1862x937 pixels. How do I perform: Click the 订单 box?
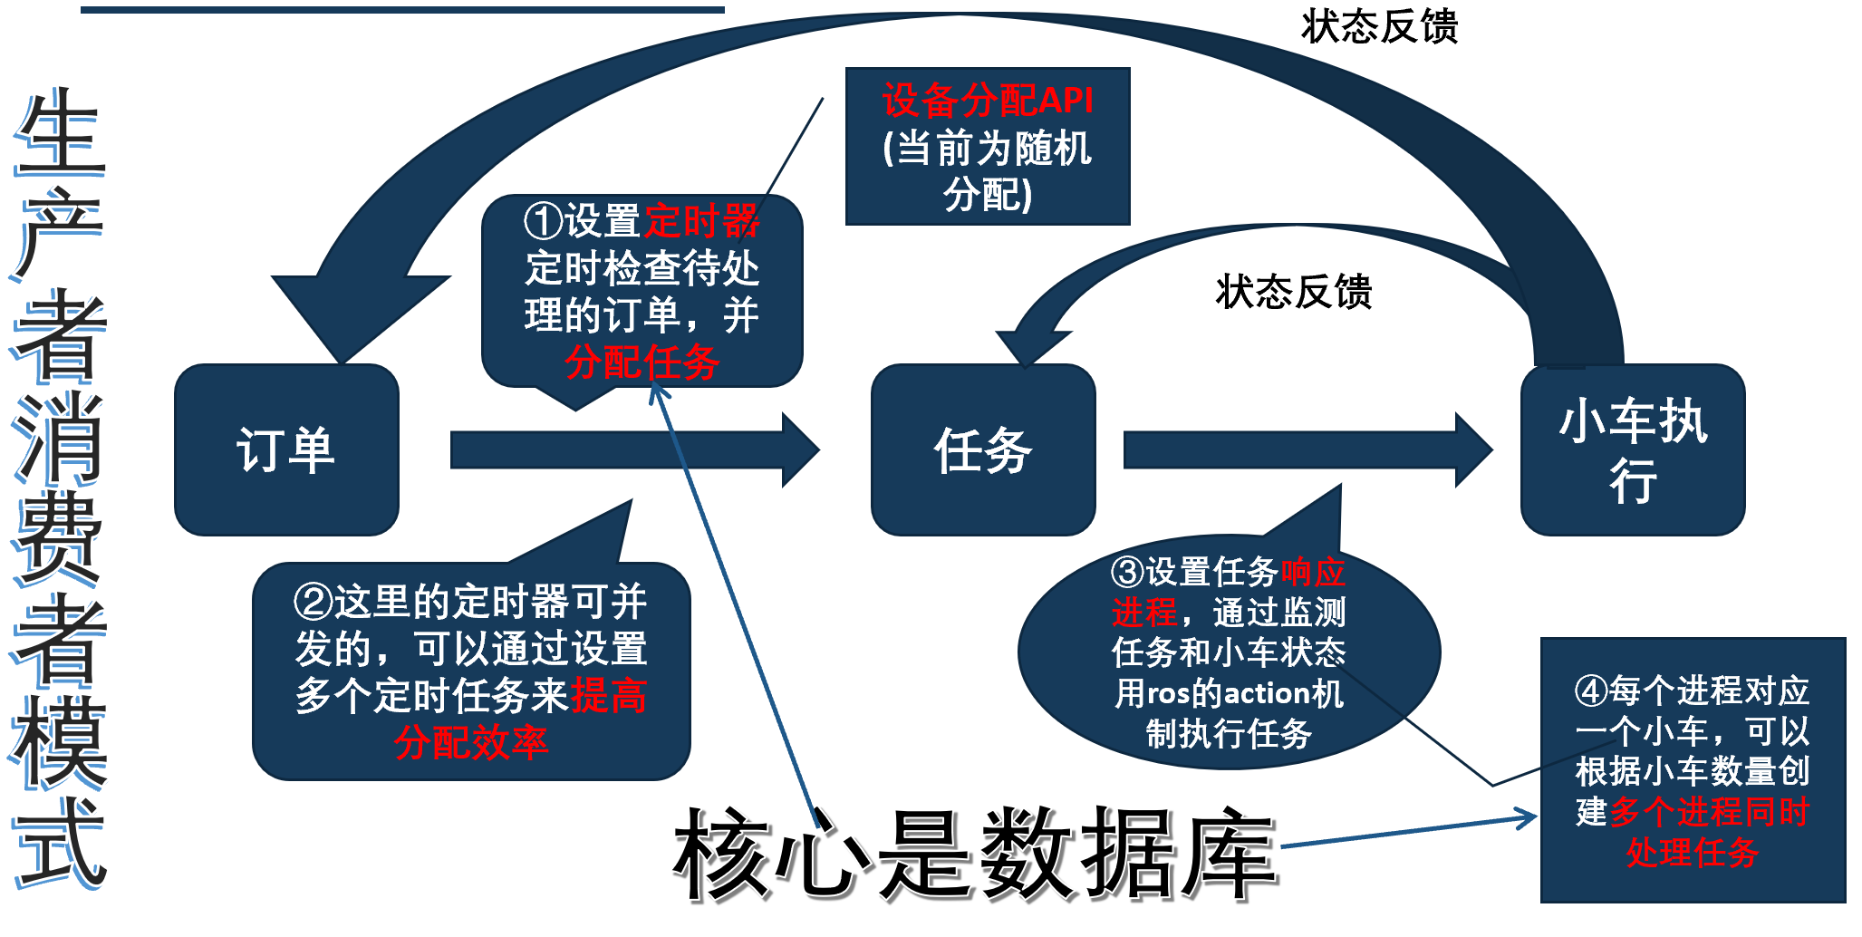pyautogui.click(x=286, y=449)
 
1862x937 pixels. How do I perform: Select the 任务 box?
pyautogui.click(x=983, y=449)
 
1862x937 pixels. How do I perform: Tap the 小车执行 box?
pyautogui.click(x=1633, y=449)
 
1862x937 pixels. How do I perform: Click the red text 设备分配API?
pyautogui.click(x=988, y=100)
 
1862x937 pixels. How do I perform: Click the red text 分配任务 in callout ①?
pyautogui.click(x=642, y=362)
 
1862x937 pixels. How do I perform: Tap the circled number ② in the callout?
pyautogui.click(x=313, y=602)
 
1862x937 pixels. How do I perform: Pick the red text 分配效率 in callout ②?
pyautogui.click(x=471, y=742)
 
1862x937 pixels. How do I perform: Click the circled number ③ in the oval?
pyautogui.click(x=1128, y=572)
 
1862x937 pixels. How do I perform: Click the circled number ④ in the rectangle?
pyautogui.click(x=1591, y=691)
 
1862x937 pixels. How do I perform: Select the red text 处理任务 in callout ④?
pyautogui.click(x=1692, y=853)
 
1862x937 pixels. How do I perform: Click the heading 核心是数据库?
pyautogui.click(x=974, y=855)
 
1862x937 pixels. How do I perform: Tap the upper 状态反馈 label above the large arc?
pyautogui.click(x=1379, y=27)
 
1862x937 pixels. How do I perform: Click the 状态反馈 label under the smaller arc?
pyautogui.click(x=1294, y=292)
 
